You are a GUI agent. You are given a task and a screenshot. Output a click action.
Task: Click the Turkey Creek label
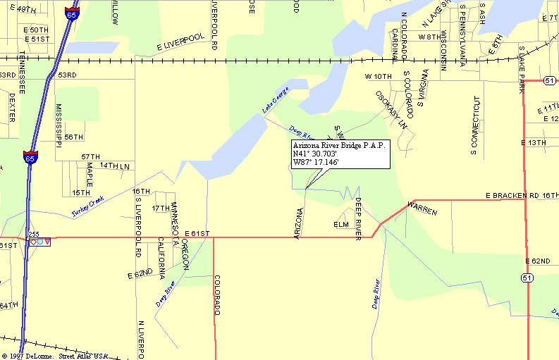87,206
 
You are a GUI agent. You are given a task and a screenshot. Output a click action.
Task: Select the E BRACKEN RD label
512,194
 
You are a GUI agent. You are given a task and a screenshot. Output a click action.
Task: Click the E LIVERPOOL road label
180,42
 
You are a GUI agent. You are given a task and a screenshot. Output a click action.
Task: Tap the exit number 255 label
33,233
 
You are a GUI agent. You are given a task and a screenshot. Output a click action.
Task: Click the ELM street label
341,225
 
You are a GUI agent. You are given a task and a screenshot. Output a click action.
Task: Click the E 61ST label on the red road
198,233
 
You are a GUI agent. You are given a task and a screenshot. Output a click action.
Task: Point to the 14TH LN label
115,166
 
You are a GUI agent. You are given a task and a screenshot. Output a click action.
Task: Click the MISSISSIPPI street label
59,125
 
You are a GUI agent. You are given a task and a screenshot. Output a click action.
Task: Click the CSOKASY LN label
392,109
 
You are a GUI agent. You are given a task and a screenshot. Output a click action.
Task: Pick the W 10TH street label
378,75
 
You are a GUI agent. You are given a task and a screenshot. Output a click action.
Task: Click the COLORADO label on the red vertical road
218,294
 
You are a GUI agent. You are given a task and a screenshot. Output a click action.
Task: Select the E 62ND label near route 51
538,261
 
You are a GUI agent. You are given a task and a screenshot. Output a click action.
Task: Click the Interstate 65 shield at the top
71,11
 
